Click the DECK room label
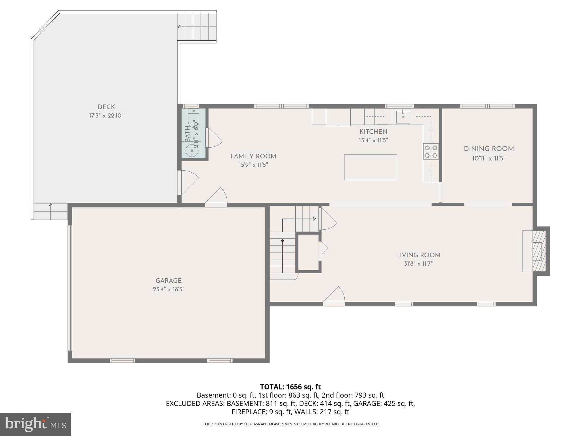(106, 107)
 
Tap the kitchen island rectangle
(370, 167)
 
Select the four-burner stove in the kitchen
(431, 152)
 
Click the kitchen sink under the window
(403, 117)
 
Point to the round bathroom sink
(191, 150)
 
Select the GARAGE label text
(168, 281)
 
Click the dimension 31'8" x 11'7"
(418, 264)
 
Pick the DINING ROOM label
(489, 149)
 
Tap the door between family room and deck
(188, 182)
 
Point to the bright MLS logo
(35, 424)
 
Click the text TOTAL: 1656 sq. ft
(290, 387)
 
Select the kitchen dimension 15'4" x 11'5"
(373, 140)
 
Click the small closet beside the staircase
(308, 252)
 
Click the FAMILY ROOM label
(253, 156)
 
